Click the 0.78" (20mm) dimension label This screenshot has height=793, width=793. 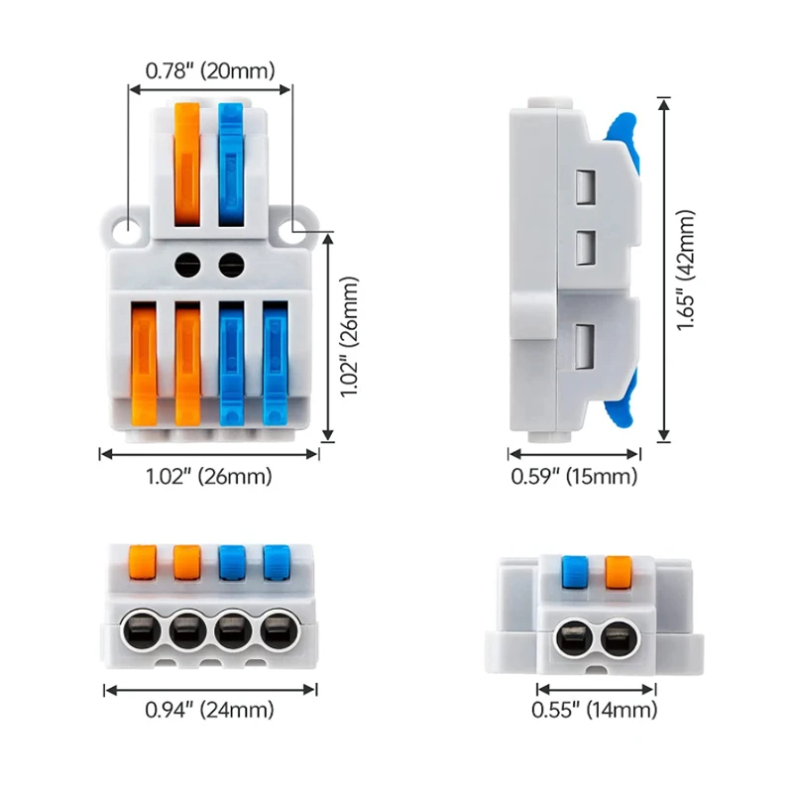(x=210, y=70)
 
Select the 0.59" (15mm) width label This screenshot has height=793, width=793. (x=574, y=477)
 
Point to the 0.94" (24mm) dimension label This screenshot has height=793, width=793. (x=210, y=710)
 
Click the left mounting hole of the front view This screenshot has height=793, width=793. (x=128, y=229)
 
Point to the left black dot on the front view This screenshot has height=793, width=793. (x=186, y=263)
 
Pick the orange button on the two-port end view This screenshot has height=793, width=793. (x=619, y=573)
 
